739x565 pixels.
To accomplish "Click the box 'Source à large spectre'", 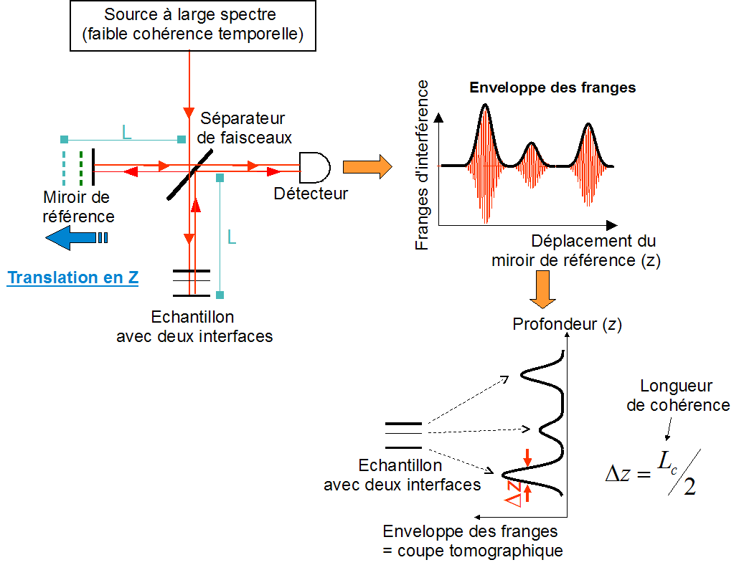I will [x=194, y=25].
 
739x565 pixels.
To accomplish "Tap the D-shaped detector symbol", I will [x=314, y=168].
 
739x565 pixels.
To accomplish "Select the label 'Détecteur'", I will [x=311, y=194].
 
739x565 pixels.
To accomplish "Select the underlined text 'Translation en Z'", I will [x=72, y=278].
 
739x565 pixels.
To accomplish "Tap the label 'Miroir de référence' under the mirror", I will [x=78, y=206].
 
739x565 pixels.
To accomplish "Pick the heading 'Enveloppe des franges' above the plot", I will [x=552, y=88].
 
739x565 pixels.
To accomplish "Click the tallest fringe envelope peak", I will [x=486, y=108].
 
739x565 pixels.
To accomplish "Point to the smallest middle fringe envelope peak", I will [x=531, y=146].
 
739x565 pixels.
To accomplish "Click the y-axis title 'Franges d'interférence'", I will [x=423, y=165].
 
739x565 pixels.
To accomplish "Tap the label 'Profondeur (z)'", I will [x=567, y=325].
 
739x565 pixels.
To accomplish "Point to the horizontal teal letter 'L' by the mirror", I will [x=127, y=132].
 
